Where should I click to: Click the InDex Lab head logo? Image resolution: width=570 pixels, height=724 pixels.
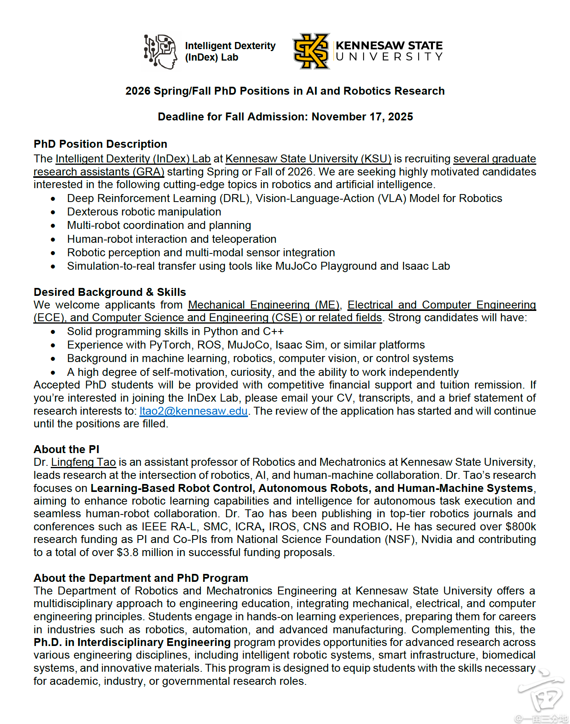pyautogui.click(x=160, y=51)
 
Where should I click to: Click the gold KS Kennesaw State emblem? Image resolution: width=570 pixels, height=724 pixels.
pyautogui.click(x=311, y=51)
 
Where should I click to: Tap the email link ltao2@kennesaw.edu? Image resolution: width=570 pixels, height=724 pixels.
pyautogui.click(x=194, y=411)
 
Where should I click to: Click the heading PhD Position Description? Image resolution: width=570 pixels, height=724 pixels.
pyautogui.click(x=100, y=144)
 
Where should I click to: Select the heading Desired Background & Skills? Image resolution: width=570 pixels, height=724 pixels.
pyautogui.click(x=110, y=292)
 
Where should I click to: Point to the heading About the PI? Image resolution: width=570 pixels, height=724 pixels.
pyautogui.click(x=67, y=450)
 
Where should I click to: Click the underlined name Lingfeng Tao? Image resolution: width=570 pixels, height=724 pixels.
pyautogui.click(x=83, y=462)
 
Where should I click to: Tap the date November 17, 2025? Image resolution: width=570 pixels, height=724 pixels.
pyautogui.click(x=362, y=117)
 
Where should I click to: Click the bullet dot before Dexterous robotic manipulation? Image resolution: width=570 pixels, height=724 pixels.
pyautogui.click(x=53, y=212)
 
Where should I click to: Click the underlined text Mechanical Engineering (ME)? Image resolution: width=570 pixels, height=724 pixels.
pyautogui.click(x=264, y=305)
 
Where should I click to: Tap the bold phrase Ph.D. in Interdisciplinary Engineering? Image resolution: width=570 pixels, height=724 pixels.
pyautogui.click(x=132, y=642)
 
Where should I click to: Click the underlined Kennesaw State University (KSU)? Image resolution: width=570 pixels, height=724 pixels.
pyautogui.click(x=308, y=159)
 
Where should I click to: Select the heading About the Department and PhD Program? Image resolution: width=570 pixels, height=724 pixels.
pyautogui.click(x=141, y=578)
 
